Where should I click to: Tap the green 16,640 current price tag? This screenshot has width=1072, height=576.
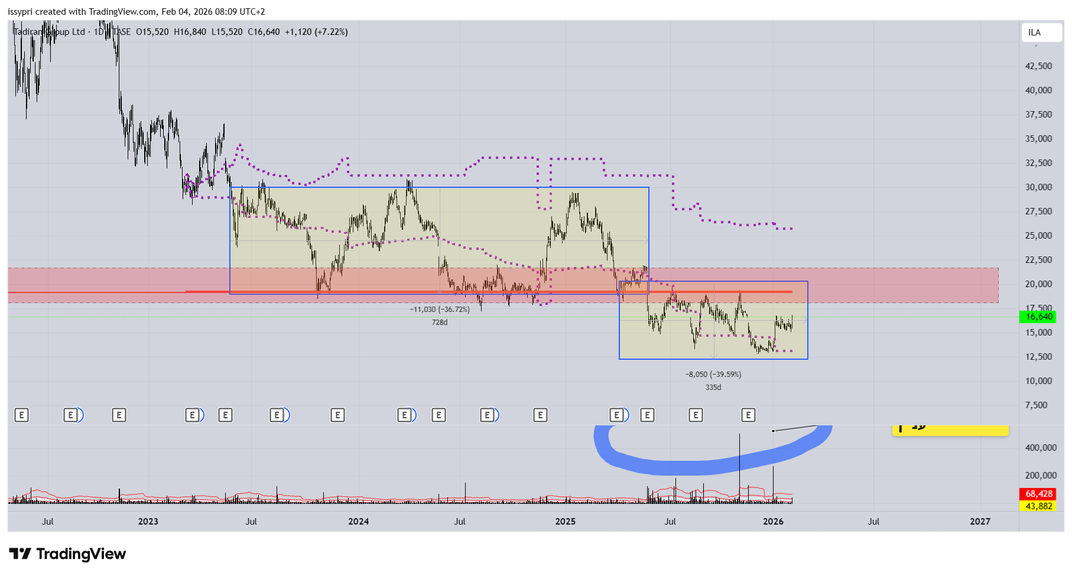click(1038, 317)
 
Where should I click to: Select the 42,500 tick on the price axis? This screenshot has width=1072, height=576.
click(1038, 66)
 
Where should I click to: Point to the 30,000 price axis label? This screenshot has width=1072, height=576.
click(1038, 187)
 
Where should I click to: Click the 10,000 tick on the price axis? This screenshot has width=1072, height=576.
click(1038, 381)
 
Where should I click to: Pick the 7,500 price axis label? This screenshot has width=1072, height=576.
click(1036, 405)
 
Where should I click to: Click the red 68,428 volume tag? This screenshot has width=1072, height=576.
click(1038, 494)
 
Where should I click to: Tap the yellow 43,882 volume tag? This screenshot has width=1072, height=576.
click(1038, 506)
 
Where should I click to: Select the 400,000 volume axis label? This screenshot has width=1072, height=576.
click(1041, 448)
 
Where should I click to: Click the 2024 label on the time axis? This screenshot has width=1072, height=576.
click(358, 522)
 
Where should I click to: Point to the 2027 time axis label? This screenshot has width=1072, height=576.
click(980, 522)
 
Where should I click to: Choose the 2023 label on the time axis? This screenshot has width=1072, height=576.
click(148, 522)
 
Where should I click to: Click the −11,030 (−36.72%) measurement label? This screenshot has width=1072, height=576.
click(440, 310)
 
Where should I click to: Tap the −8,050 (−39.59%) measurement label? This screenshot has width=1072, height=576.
click(713, 375)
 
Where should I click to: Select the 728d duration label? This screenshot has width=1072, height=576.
click(440, 323)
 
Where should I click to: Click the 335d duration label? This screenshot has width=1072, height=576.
click(713, 388)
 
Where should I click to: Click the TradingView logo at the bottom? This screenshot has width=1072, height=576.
click(67, 554)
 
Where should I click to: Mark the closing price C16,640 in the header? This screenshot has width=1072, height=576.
click(264, 32)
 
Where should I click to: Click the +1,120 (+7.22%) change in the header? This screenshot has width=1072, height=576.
click(316, 32)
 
